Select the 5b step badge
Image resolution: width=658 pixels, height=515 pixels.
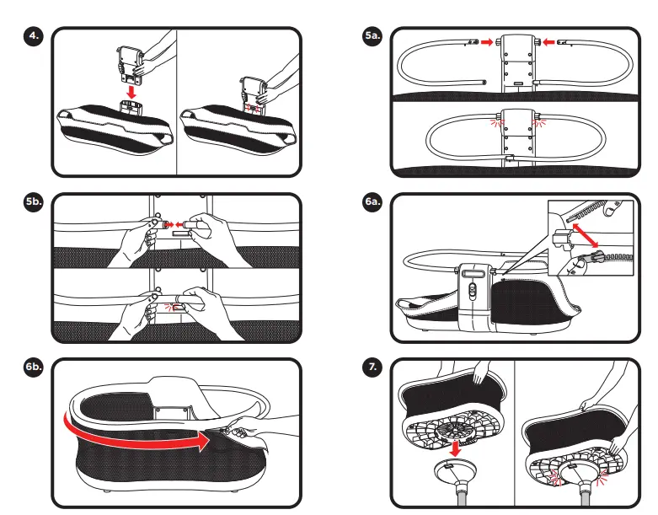tap(35, 203)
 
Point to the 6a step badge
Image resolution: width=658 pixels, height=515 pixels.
tap(372, 203)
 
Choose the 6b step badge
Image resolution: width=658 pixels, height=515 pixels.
tap(35, 368)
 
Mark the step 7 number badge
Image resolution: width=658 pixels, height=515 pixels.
tap(372, 368)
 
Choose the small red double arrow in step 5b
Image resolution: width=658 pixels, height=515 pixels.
tap(168, 224)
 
